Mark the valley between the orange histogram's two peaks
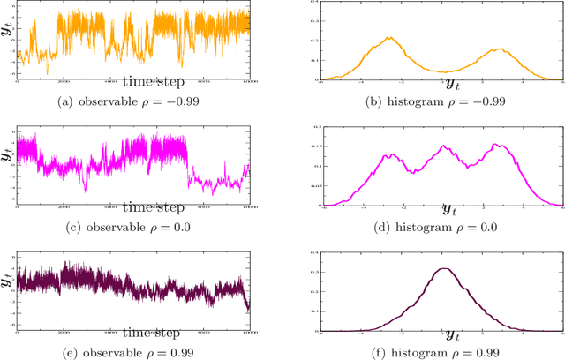pos(446,71)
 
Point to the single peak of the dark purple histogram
pos(442,269)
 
